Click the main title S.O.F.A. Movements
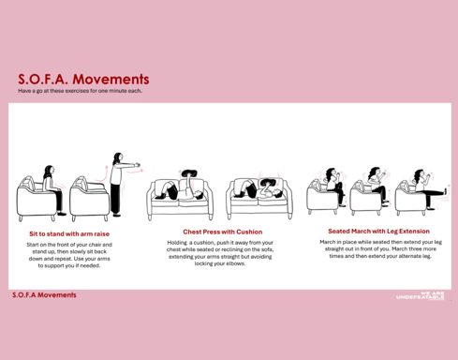click(83, 79)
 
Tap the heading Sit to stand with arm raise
click(69, 233)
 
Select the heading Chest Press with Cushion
click(223, 232)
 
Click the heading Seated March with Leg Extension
click(378, 232)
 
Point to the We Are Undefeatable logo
click(421, 295)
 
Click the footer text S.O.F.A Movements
click(44, 295)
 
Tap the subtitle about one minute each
click(80, 91)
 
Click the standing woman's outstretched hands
click(137, 165)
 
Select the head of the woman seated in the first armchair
click(50, 171)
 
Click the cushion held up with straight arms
click(189, 172)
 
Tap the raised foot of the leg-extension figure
click(445, 190)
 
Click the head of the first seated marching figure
click(331, 172)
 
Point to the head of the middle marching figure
click(374, 172)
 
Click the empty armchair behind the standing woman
click(89, 199)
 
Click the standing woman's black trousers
click(115, 200)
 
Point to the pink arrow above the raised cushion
click(180, 172)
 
